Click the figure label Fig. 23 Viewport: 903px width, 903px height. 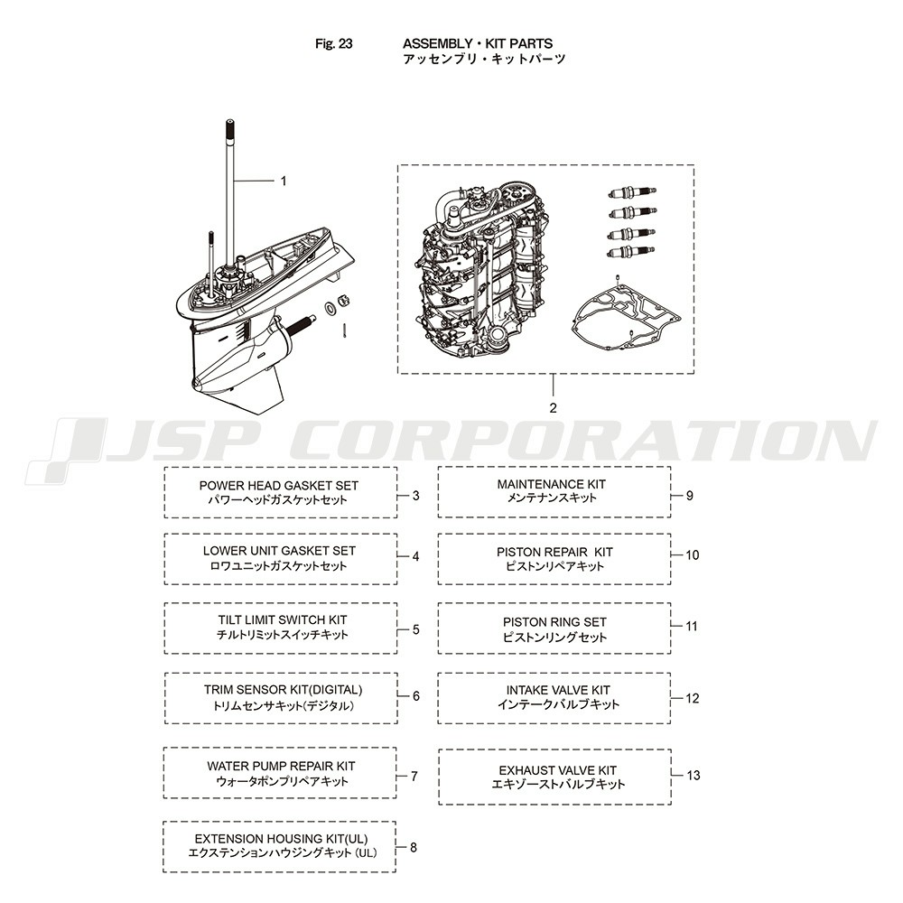pyautogui.click(x=334, y=43)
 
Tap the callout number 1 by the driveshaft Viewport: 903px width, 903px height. pyautogui.click(x=284, y=181)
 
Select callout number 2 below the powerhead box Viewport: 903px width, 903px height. pyautogui.click(x=553, y=408)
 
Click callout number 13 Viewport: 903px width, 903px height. pyautogui.click(x=694, y=775)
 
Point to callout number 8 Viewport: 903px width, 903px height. pyautogui.click(x=414, y=848)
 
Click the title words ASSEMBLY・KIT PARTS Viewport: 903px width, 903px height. pyautogui.click(x=478, y=43)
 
